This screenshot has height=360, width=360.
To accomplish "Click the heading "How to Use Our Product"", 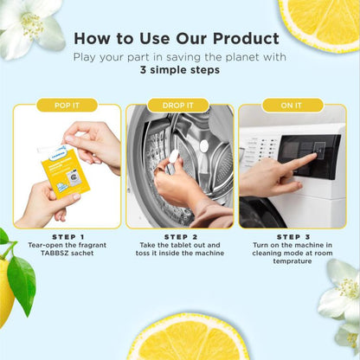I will coord(176,39).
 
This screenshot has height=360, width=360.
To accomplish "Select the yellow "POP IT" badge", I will coord(67,106).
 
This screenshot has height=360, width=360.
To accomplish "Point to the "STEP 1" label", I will coord(67,236).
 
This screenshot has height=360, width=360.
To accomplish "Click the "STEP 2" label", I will coord(179,236).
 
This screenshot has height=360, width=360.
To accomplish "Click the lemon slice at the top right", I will coord(320,22).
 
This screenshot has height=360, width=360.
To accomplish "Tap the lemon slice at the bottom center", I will coord(188,339).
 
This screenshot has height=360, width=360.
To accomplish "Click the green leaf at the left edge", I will coord(21,282).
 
